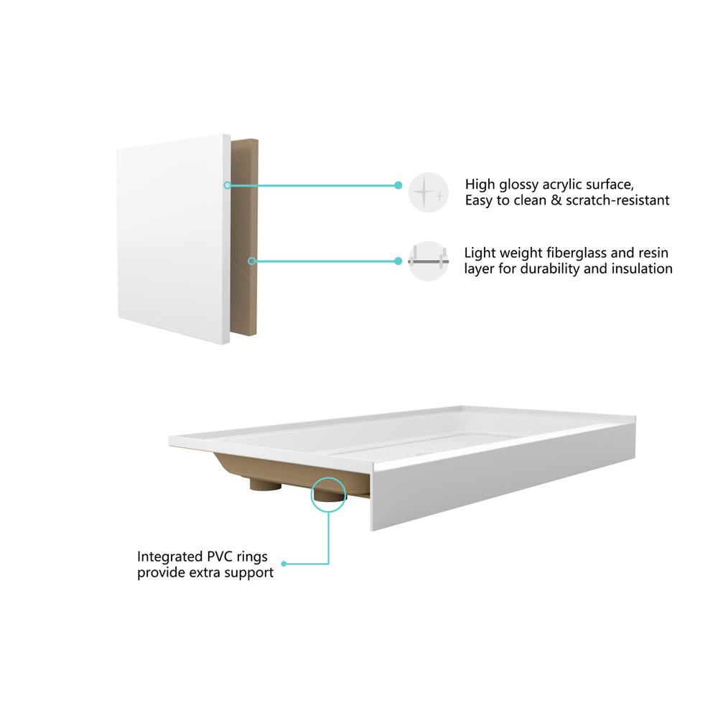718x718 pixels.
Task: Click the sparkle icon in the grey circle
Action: (x=428, y=192)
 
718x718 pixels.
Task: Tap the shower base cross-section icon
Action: (x=428, y=261)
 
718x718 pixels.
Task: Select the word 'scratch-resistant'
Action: (x=617, y=200)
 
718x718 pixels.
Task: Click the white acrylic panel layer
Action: (x=173, y=238)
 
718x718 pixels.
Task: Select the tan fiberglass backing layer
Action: (x=244, y=237)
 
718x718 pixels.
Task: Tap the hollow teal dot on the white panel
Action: (x=227, y=185)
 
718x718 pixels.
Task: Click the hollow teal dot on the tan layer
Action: (x=251, y=261)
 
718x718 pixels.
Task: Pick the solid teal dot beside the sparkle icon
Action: (x=398, y=185)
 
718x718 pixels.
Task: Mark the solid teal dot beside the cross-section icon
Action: (x=398, y=261)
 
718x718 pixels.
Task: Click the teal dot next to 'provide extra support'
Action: (x=284, y=564)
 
